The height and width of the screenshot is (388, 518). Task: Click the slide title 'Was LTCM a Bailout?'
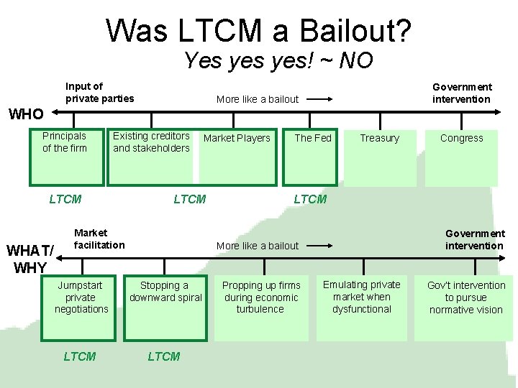click(x=259, y=30)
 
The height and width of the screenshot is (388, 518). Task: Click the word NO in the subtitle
click(x=355, y=61)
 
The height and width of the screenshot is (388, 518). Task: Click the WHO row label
click(x=26, y=114)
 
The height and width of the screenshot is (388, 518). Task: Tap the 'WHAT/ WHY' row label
click(x=29, y=259)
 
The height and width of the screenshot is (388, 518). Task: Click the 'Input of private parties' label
click(x=99, y=93)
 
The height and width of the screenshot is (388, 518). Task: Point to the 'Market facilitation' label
click(x=99, y=239)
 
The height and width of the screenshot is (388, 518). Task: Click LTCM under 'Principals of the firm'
click(x=65, y=199)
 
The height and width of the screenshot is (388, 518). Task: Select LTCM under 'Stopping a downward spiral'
click(x=164, y=356)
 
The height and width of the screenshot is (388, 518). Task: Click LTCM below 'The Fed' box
click(x=310, y=199)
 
